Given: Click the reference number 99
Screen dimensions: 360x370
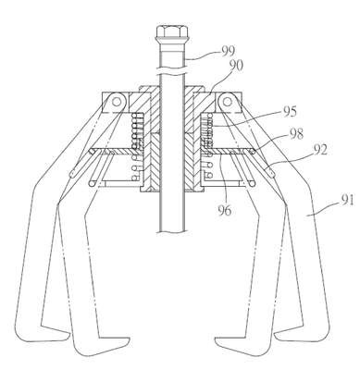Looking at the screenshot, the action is tap(228, 51).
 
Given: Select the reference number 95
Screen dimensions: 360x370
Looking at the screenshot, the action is tap(289, 111).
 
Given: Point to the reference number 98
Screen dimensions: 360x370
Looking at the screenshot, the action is tap(296, 134).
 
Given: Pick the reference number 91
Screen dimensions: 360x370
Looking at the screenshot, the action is tap(347, 201).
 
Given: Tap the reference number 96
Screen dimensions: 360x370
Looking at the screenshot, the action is tap(224, 211).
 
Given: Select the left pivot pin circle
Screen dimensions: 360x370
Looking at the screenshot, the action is tap(116, 101).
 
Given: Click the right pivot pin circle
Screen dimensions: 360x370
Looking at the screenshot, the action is tap(227, 101).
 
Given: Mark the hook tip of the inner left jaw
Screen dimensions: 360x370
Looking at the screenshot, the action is tap(126, 341).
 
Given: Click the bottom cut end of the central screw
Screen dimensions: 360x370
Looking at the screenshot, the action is tap(173, 231).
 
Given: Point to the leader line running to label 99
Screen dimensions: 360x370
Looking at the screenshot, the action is tap(203, 55).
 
